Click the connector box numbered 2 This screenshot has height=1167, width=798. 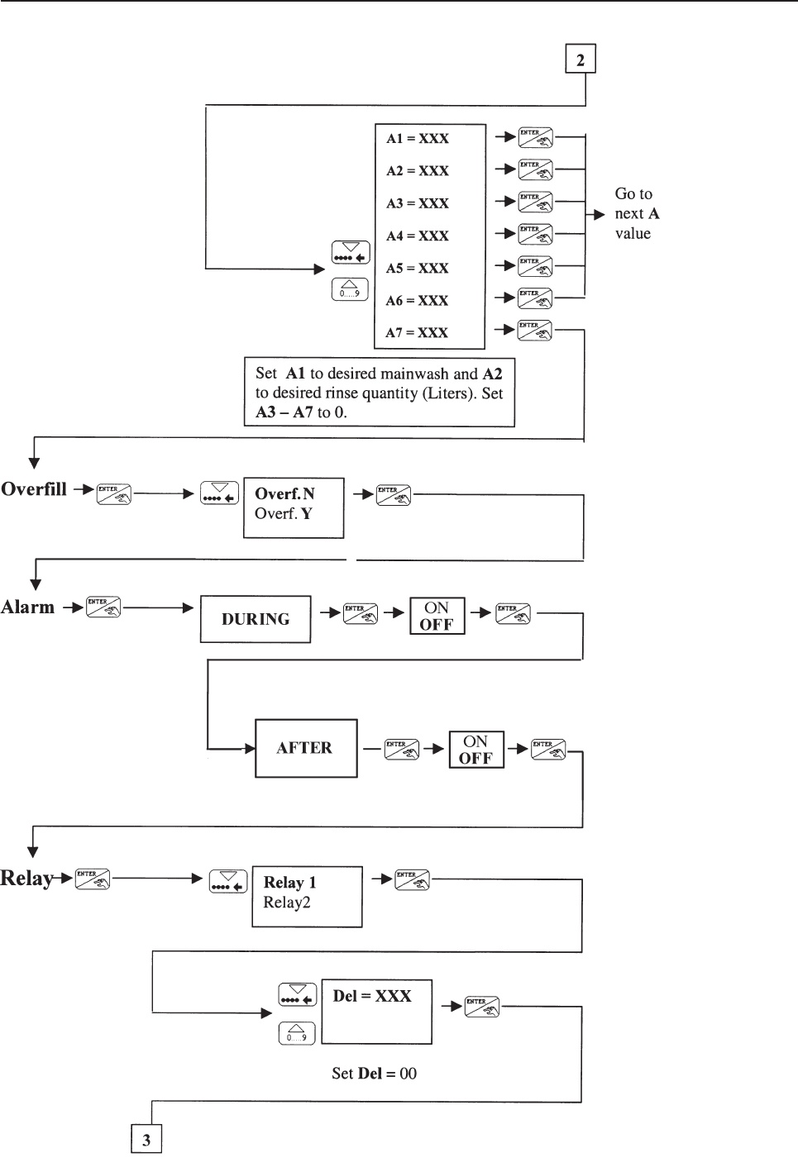(581, 60)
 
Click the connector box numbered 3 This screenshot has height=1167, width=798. (146, 1140)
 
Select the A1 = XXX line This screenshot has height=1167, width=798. (418, 139)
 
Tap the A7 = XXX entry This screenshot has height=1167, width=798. (417, 333)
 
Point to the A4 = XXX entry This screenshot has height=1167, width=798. (418, 236)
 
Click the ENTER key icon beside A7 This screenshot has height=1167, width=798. (535, 330)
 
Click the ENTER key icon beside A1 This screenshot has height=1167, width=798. (535, 137)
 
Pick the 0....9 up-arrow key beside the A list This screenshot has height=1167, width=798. (350, 289)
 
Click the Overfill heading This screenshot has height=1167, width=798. (34, 489)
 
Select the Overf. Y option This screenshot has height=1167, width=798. (284, 514)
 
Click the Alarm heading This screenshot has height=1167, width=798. (28, 607)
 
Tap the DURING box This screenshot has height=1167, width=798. (256, 619)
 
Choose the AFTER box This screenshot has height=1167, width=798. (305, 748)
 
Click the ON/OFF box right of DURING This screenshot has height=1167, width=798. (437, 617)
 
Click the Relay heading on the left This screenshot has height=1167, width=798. (27, 879)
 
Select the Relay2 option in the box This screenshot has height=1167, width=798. (287, 903)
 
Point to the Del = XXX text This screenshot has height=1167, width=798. (372, 997)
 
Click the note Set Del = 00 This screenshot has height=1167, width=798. (374, 1074)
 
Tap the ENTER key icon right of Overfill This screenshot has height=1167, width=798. (113, 494)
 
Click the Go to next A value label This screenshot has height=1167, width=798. (636, 214)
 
